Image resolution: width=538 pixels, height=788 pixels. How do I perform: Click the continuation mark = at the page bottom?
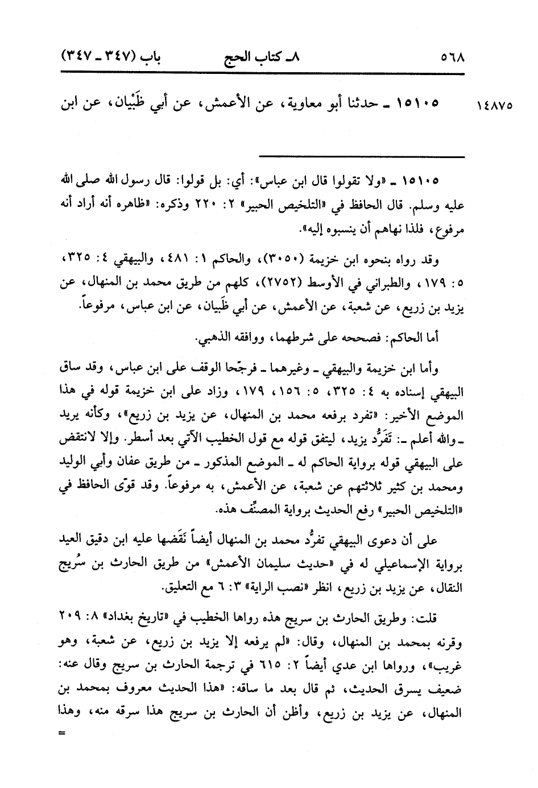point(63,733)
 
